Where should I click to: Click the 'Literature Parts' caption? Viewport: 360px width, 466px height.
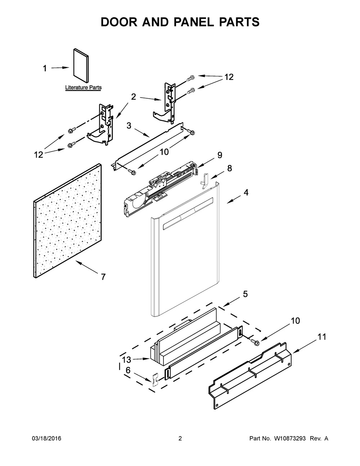[84, 88]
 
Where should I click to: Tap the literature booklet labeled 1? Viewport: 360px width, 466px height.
[81, 66]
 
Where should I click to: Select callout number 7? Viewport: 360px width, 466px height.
[103, 277]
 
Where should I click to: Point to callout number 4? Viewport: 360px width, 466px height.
[246, 192]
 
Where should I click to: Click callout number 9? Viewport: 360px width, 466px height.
[220, 155]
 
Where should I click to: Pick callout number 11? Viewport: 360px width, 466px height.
[321, 337]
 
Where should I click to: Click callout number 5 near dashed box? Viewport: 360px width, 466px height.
[246, 294]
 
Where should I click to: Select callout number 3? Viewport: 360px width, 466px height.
[129, 125]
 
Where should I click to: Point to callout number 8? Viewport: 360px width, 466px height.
[230, 168]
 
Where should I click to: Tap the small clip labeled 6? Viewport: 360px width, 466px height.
[155, 380]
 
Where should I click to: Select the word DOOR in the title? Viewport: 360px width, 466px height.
[119, 22]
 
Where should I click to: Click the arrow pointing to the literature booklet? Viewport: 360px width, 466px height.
[60, 68]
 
